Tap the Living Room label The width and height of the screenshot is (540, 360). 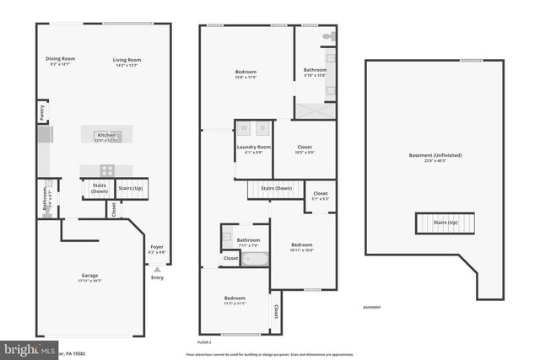[127, 61]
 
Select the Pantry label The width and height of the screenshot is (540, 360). [41, 110]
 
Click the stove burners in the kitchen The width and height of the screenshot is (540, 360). [107, 169]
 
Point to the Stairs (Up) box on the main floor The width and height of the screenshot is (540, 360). [132, 189]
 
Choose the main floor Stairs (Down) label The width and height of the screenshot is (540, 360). [100, 189]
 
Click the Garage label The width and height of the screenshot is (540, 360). [90, 276]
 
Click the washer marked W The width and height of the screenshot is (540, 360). [245, 128]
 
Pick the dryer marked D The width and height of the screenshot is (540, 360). [262, 128]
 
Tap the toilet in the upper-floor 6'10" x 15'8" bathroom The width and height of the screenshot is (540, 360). [329, 37]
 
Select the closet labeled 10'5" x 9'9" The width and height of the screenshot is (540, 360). [305, 149]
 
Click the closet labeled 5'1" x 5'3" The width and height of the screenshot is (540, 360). [320, 196]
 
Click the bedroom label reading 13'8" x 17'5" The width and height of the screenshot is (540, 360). [246, 75]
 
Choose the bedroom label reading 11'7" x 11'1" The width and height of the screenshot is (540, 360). [235, 300]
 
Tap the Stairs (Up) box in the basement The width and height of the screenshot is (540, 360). [445, 223]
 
